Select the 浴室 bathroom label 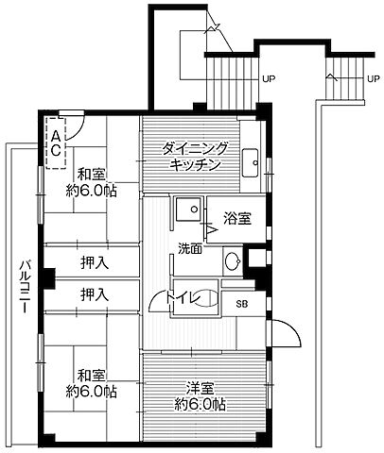(237, 219)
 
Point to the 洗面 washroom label (189, 249)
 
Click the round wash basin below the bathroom (232, 261)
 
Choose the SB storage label (241, 303)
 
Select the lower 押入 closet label (93, 294)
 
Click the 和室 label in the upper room (92, 174)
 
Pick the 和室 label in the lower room (92, 372)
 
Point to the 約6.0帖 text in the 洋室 (200, 405)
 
